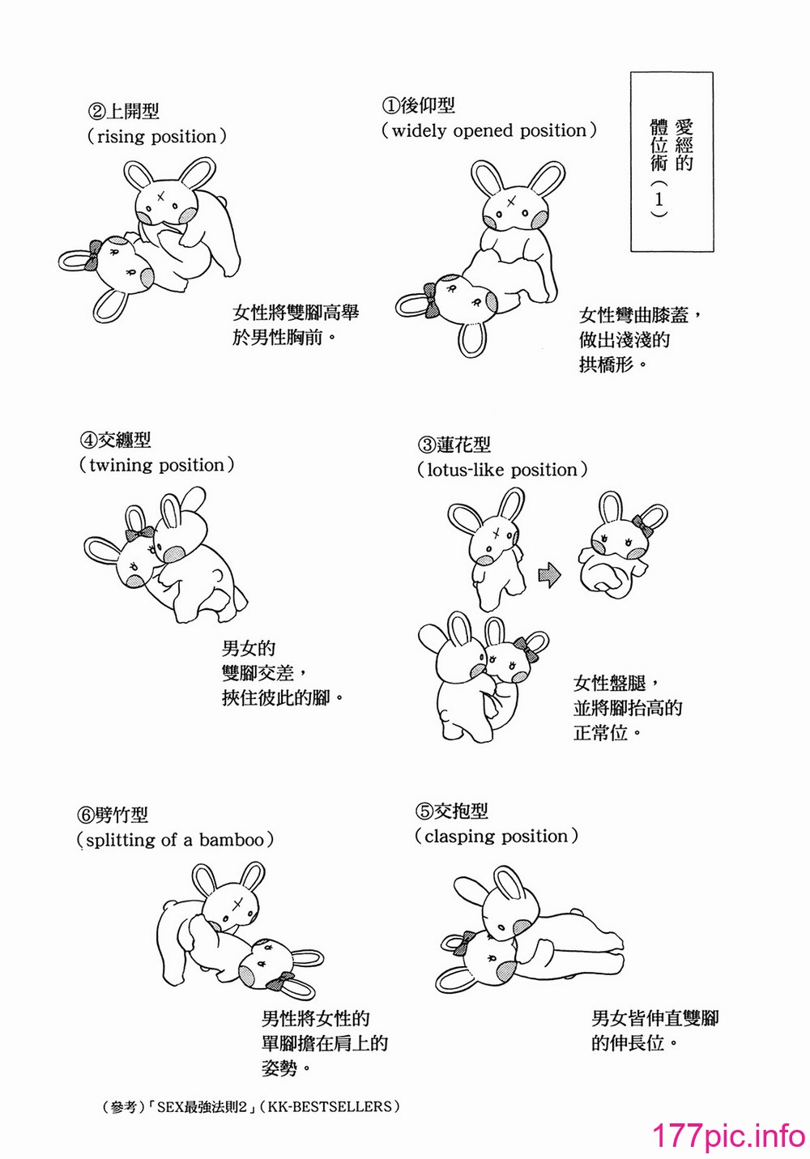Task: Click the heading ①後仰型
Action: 418,105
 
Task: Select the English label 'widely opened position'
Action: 489,130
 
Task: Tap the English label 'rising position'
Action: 156,137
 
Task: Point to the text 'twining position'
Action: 156,465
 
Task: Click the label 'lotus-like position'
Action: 502,470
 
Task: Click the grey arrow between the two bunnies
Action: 550,575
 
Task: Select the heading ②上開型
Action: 124,111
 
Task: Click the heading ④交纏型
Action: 115,440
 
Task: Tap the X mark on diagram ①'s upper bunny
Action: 512,201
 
